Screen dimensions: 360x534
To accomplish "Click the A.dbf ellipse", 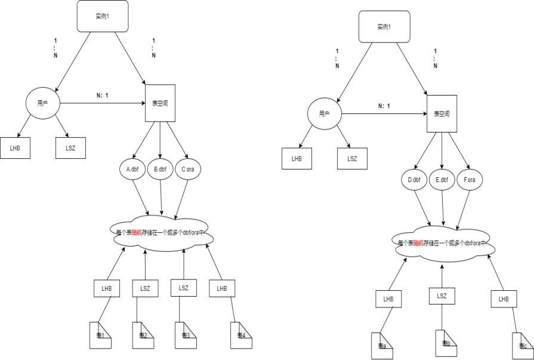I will [132, 170].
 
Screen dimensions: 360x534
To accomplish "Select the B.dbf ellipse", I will [160, 170].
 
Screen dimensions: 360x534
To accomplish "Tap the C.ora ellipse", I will [188, 170].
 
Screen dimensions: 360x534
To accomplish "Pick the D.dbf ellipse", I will [414, 180].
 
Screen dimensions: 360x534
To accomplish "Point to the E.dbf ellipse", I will [442, 180].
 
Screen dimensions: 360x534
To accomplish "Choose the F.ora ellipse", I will [470, 180].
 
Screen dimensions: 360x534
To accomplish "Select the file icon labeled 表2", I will [143, 335].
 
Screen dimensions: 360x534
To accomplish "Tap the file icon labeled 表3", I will [186, 335].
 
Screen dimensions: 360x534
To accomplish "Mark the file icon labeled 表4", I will [242, 335].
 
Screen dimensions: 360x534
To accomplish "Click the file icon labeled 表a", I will [382, 346].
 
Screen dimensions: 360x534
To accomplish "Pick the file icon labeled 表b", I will [446, 343].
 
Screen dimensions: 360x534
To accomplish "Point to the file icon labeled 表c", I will [523, 346].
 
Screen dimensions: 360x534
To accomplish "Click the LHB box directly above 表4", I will [222, 288].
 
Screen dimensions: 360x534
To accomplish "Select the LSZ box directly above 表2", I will [145, 288].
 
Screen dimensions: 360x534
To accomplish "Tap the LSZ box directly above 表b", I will [442, 296].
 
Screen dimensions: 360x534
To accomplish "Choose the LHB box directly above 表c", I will [504, 299].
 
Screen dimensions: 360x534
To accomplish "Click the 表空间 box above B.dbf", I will [160, 103].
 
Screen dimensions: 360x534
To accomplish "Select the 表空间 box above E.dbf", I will [442, 113].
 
